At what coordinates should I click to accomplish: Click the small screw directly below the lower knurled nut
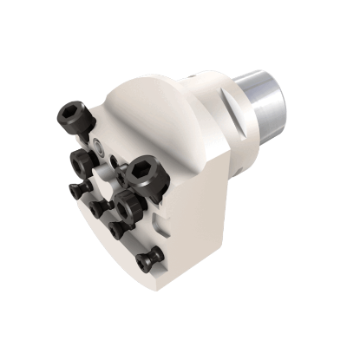pos(120,229)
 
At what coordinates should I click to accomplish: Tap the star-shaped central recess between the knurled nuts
pos(108,185)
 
